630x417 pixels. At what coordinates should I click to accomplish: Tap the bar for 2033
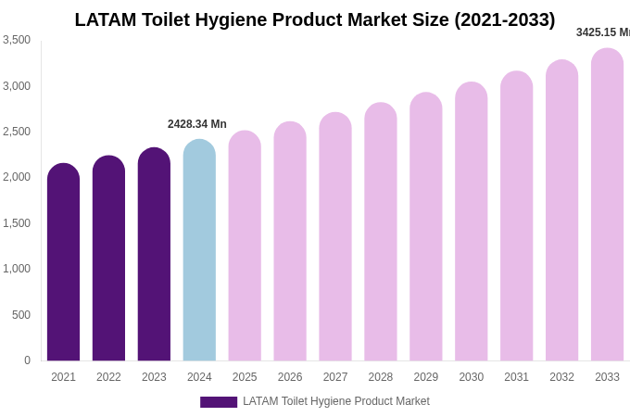pos(607,205)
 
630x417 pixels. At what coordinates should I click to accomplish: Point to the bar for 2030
pos(471,221)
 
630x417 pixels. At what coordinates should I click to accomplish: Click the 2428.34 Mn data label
pos(197,124)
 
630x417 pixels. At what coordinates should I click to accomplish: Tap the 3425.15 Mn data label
pos(603,32)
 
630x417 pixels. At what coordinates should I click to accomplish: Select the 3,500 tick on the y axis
pos(17,40)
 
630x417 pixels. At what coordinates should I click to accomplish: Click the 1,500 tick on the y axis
pos(17,223)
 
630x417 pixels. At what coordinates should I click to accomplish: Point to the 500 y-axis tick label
pos(21,315)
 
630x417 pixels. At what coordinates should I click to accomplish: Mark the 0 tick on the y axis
pos(27,360)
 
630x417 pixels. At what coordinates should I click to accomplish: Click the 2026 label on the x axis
pos(290,377)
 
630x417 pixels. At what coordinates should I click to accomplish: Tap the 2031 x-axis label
pos(516,377)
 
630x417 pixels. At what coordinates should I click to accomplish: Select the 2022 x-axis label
pos(108,377)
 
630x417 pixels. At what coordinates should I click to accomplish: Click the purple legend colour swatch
pos(219,402)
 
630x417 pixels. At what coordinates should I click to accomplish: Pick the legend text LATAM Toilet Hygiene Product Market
pos(336,401)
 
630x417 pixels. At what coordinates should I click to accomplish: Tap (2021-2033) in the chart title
pos(504,19)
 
